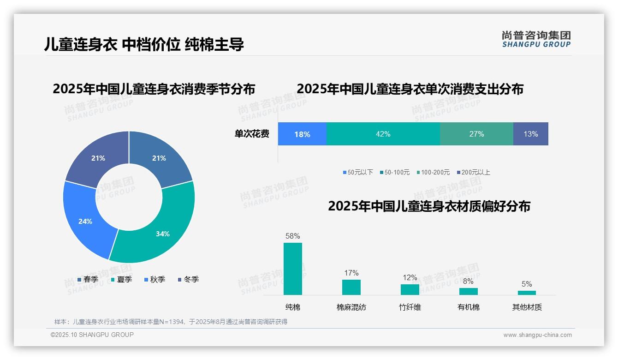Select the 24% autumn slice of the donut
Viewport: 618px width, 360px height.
[86, 221]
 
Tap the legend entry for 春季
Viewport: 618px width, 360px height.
[88, 279]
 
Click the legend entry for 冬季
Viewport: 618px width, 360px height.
[188, 279]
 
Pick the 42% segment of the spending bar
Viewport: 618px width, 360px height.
[383, 134]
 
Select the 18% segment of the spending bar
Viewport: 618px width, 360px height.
[302, 134]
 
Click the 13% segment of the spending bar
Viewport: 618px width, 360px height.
[530, 134]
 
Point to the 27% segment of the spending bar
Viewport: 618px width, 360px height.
[476, 134]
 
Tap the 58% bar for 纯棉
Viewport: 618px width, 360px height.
[292, 269]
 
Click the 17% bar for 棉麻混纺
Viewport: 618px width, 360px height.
[351, 287]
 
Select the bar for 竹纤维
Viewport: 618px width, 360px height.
[410, 289]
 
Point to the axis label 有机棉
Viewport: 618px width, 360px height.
[468, 307]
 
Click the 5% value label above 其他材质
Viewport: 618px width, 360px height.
[527, 284]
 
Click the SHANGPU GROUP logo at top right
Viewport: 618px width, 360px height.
[536, 39]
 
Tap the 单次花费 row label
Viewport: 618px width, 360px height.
[252, 134]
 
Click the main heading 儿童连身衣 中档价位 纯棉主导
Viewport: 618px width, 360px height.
[144, 44]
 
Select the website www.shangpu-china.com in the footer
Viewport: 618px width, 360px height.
[537, 335]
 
